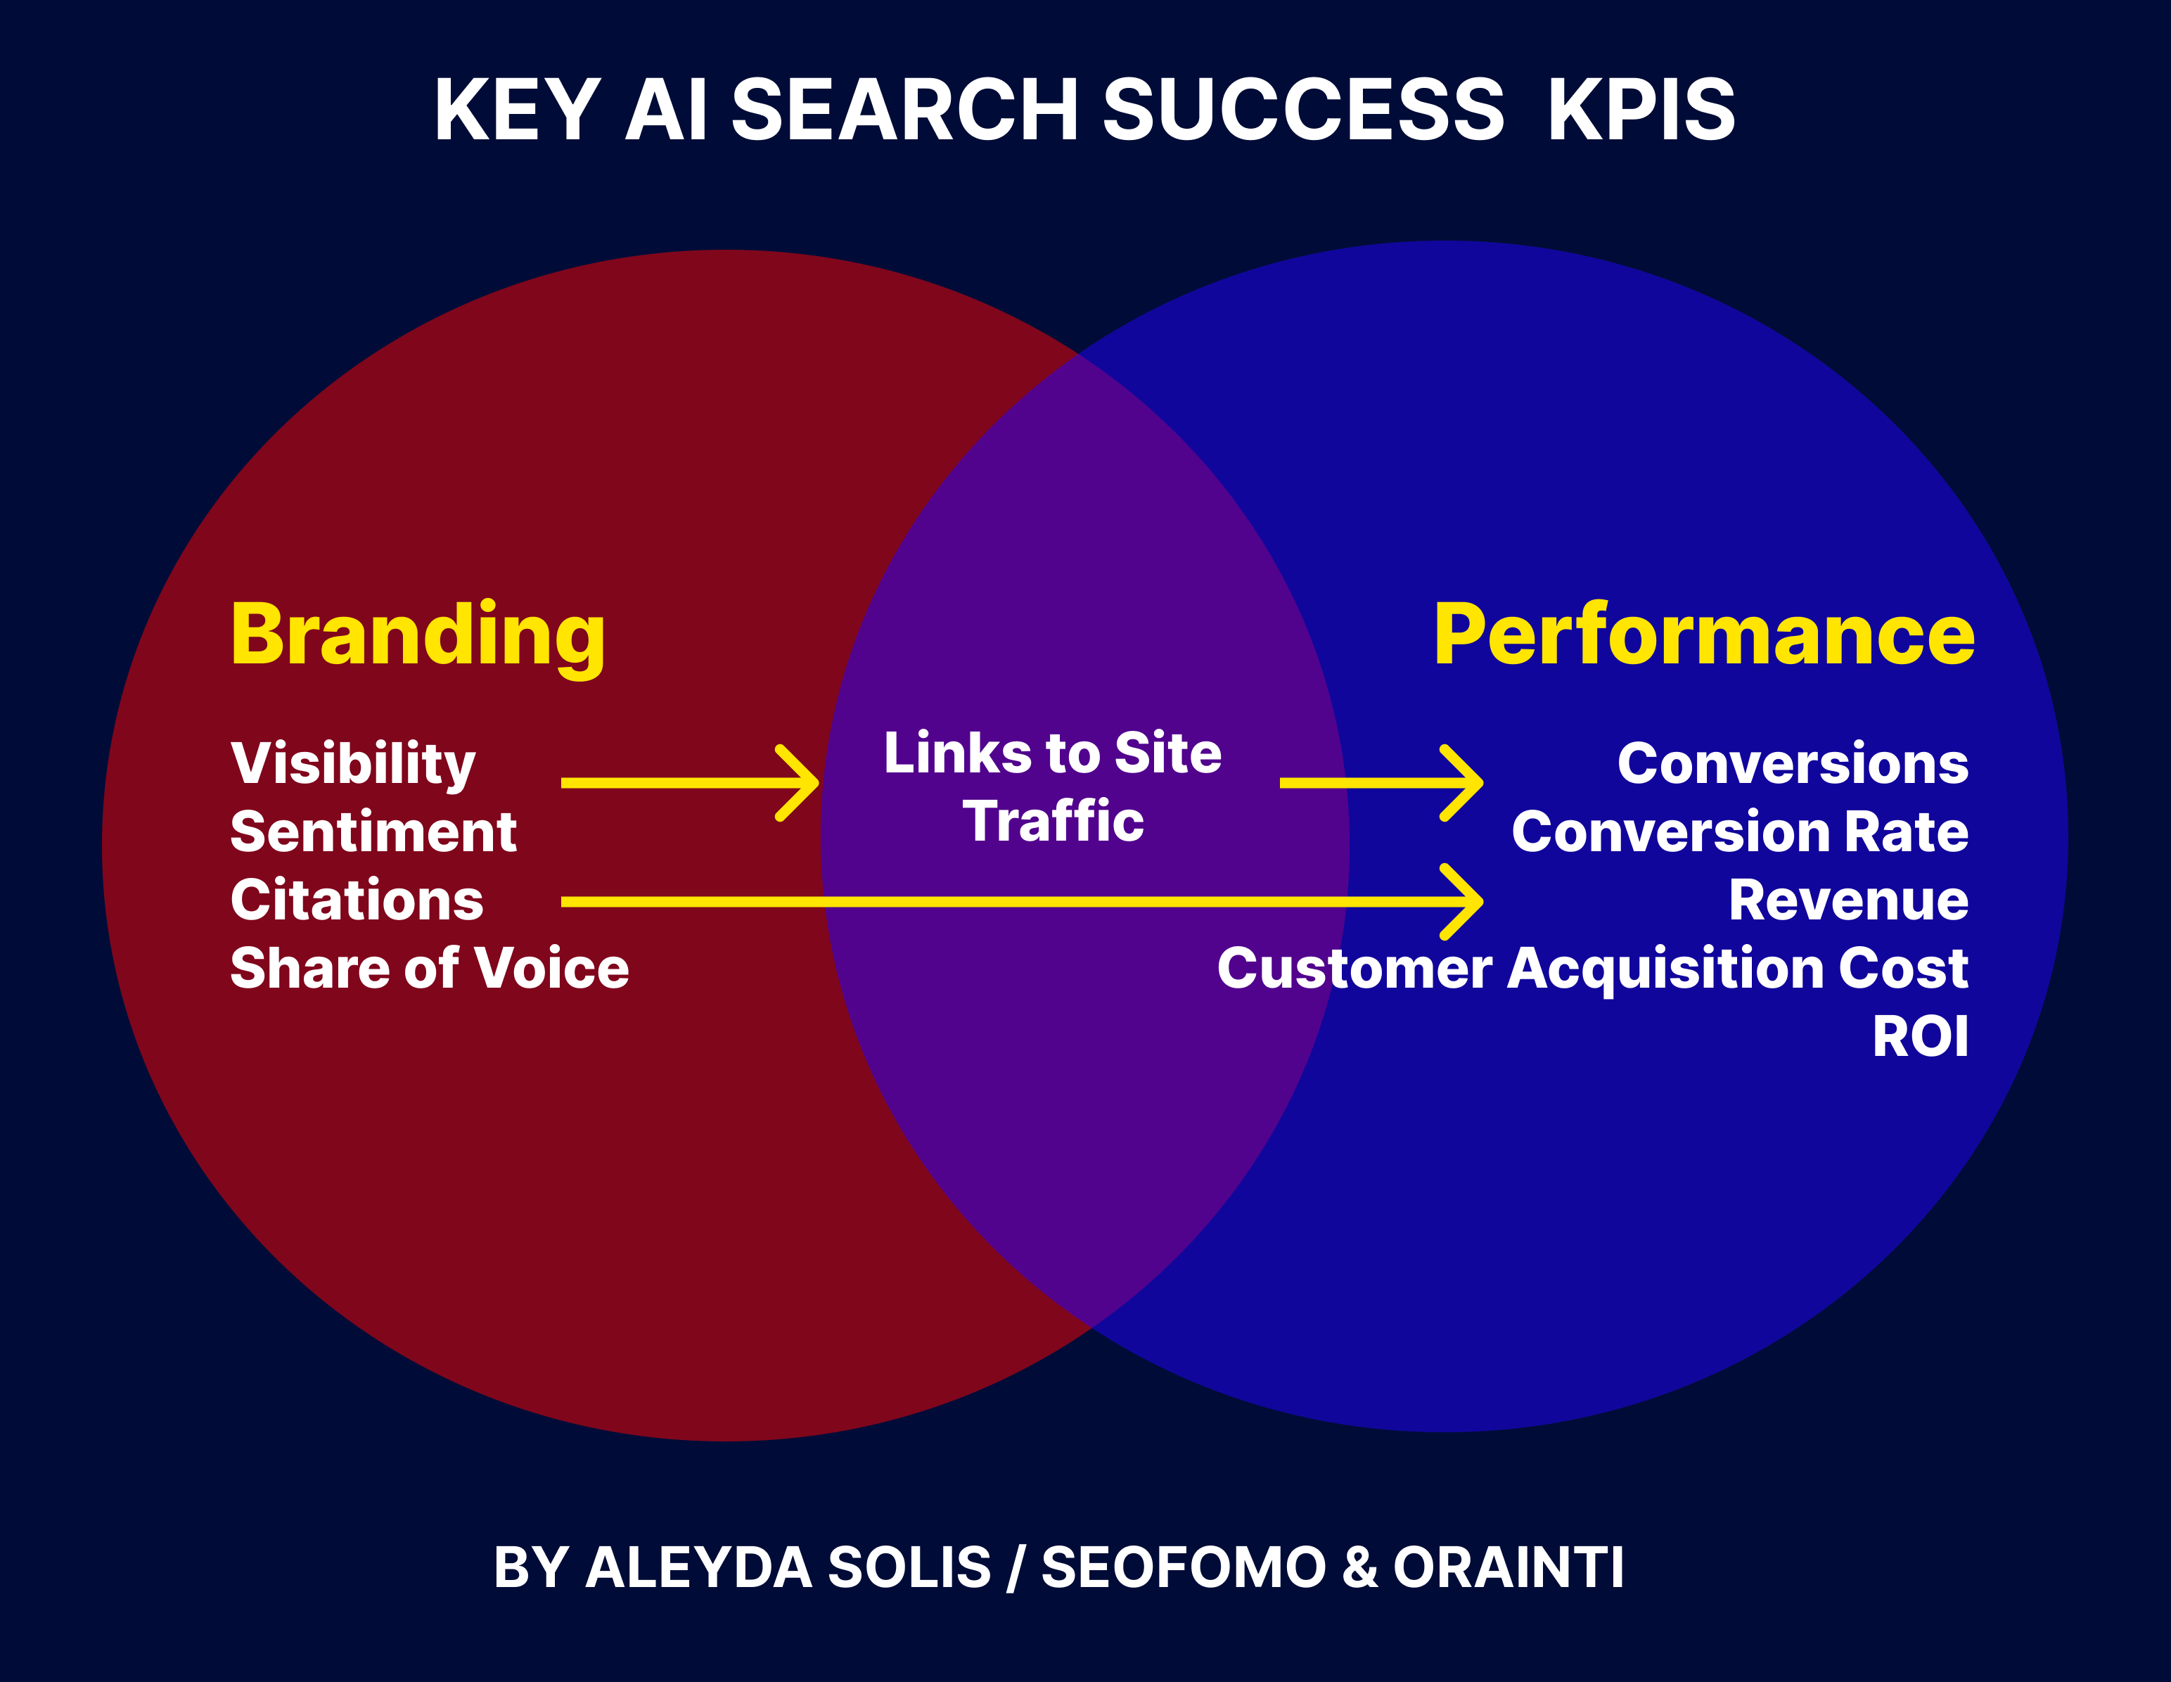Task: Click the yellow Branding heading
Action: pos(418,636)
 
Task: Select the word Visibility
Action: pos(353,763)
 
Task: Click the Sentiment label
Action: pos(373,831)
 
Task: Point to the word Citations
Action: pos(357,900)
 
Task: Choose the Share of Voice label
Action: pos(430,968)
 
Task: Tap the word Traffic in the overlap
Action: pos(1053,821)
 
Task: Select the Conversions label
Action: pos(1792,763)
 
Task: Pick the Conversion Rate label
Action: pos(1740,831)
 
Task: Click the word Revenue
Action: pos(1848,900)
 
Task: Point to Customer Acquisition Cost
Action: pos(1592,968)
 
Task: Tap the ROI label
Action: pos(1919,1037)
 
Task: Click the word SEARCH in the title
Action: pos(904,110)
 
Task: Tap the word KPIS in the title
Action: pos(1641,110)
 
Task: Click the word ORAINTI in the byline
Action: pos(1508,1567)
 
